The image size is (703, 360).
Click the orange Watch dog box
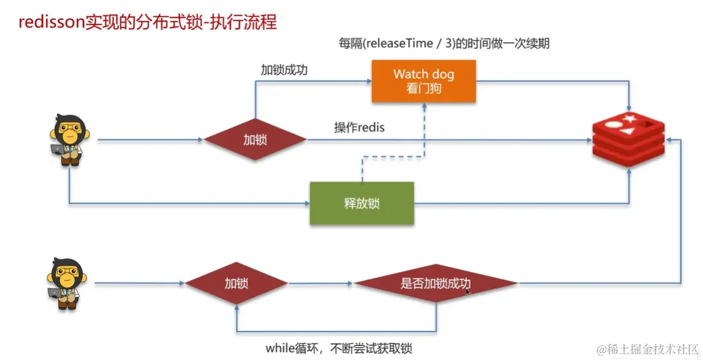click(x=423, y=81)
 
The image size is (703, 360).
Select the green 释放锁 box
click(x=362, y=203)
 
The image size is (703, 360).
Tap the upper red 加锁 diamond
click(x=255, y=139)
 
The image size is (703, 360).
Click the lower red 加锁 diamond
click(x=236, y=283)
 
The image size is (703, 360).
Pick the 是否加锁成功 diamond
click(x=436, y=283)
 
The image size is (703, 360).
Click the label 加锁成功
click(x=284, y=70)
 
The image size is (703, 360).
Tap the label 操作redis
click(x=359, y=127)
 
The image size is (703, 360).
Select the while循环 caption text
click(x=339, y=348)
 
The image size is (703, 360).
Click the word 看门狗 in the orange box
click(x=423, y=89)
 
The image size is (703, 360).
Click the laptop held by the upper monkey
click(x=57, y=150)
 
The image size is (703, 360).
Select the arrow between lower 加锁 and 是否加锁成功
click(x=320, y=283)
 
